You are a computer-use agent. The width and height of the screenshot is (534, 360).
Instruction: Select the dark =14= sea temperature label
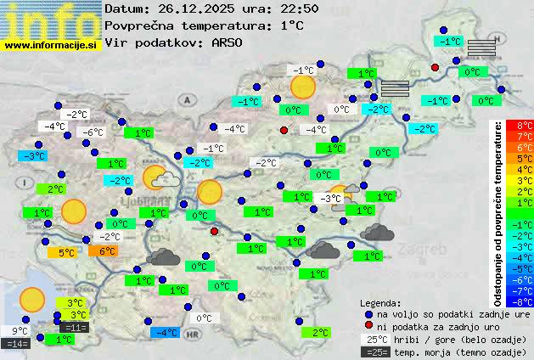coord(16,344)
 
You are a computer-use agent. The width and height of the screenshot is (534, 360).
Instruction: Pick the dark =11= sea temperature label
coord(74,327)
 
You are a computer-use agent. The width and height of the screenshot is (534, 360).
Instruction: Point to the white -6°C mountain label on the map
coord(91,132)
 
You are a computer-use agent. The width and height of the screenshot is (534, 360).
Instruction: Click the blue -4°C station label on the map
coord(165,332)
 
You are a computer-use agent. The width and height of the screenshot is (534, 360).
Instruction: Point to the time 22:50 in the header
coord(300,8)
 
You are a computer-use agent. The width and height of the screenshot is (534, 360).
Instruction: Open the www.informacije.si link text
coord(51,44)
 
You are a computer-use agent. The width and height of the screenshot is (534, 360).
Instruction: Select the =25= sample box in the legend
coord(374,352)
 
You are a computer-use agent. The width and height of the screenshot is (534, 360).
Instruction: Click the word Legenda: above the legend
coord(381,302)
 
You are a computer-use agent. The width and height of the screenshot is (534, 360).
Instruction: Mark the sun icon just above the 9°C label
coord(31,300)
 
